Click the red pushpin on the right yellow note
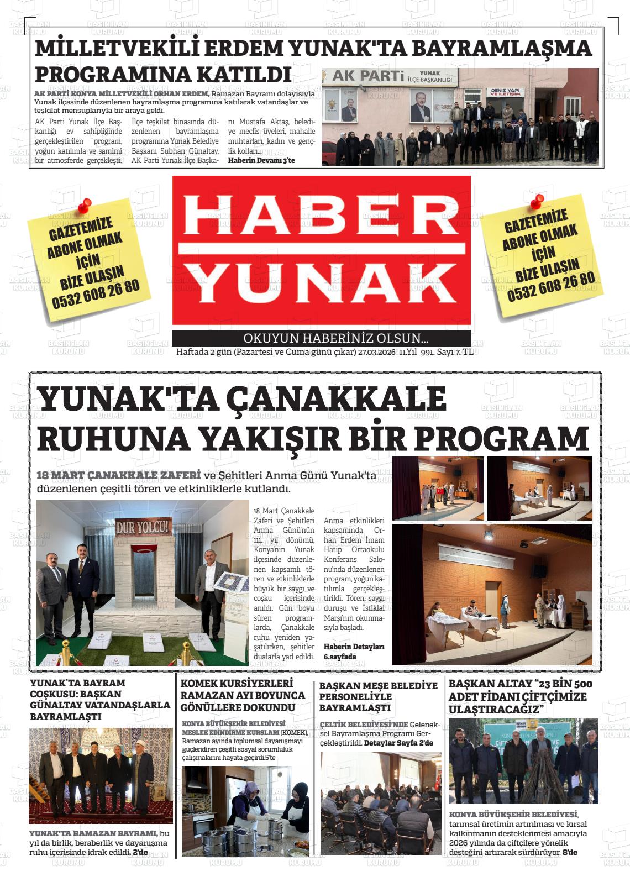pyautogui.click(x=536, y=202)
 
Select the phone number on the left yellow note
pyautogui.click(x=96, y=295)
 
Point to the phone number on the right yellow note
pyautogui.click(x=551, y=286)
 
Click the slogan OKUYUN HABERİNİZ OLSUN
pyautogui.click(x=335, y=339)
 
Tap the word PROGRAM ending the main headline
pyautogui.click(x=501, y=439)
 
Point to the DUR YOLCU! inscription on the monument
pyautogui.click(x=143, y=527)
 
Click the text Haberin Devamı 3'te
pyautogui.click(x=261, y=160)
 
